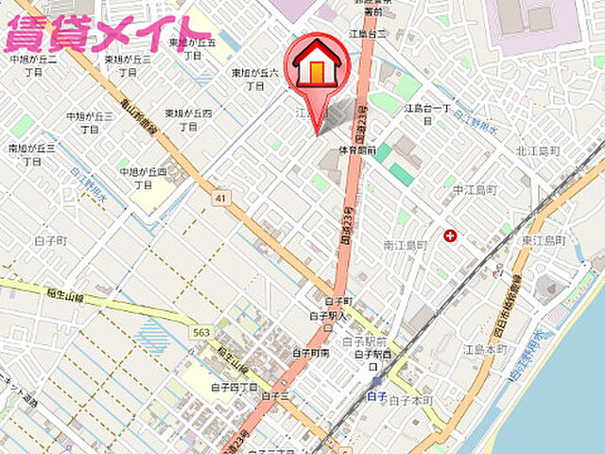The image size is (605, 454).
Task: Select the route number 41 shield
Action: coord(220,197)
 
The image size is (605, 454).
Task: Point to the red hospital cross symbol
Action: coord(450,234)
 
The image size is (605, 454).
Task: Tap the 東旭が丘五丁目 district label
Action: coord(193,49)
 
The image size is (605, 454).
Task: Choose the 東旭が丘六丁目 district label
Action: coord(255,79)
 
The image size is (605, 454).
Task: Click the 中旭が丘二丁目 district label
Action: coord(33,65)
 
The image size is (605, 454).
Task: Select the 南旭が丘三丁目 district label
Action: coord(32,154)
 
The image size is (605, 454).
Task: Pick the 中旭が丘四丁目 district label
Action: coord(143,178)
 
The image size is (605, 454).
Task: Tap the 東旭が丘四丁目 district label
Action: coord(187,119)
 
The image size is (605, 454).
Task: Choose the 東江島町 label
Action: coord(541,241)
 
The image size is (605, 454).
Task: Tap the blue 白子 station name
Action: coord(375,395)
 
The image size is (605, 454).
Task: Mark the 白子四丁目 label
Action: coord(234,387)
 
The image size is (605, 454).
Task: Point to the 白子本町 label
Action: coord(413,401)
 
